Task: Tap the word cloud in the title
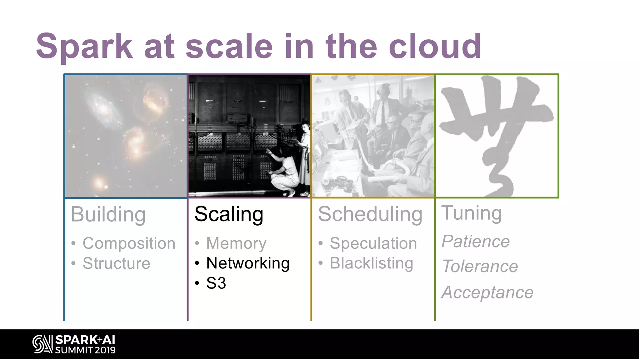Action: (435, 46)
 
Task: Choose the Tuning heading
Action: (471, 213)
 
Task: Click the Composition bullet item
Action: (129, 243)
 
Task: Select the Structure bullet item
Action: (116, 263)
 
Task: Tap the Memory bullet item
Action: (236, 243)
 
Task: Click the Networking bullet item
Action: (248, 263)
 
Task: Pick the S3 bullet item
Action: (216, 283)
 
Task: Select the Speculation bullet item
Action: (373, 243)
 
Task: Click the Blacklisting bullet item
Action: (371, 263)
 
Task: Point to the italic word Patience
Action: (476, 242)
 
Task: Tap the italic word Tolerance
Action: (480, 267)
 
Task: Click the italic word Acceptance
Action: (487, 292)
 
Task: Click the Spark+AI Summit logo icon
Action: (42, 344)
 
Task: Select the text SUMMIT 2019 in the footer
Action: (85, 350)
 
